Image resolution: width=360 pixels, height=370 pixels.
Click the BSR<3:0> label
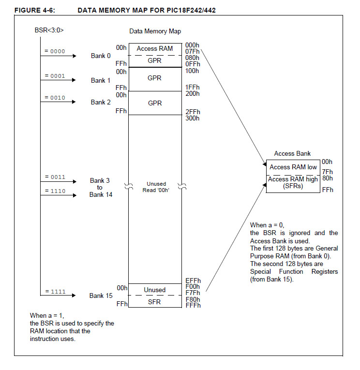(50, 30)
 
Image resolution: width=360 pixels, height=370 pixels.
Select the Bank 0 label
(101, 56)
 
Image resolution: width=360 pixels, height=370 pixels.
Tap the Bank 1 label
(101, 80)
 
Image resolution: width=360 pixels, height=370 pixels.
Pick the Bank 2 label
(101, 102)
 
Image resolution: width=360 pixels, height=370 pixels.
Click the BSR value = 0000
(54, 51)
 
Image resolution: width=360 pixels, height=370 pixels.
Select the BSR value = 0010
(54, 98)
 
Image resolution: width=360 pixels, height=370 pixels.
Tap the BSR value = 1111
(54, 292)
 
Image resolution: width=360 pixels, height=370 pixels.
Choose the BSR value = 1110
(54, 191)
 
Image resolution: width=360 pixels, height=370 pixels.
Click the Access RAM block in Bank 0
(155, 48)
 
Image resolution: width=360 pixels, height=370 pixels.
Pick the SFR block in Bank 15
(155, 302)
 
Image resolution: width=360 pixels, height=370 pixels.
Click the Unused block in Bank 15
(155, 290)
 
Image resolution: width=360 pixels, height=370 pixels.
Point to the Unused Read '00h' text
(156, 187)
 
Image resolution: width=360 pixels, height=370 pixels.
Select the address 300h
(192, 118)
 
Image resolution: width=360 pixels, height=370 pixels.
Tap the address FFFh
(193, 305)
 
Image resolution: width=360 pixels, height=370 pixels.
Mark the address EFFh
(193, 280)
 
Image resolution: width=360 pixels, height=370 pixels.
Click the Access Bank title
(292, 154)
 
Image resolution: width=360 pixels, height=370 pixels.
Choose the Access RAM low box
(293, 167)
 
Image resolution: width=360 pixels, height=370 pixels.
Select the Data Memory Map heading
(155, 31)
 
